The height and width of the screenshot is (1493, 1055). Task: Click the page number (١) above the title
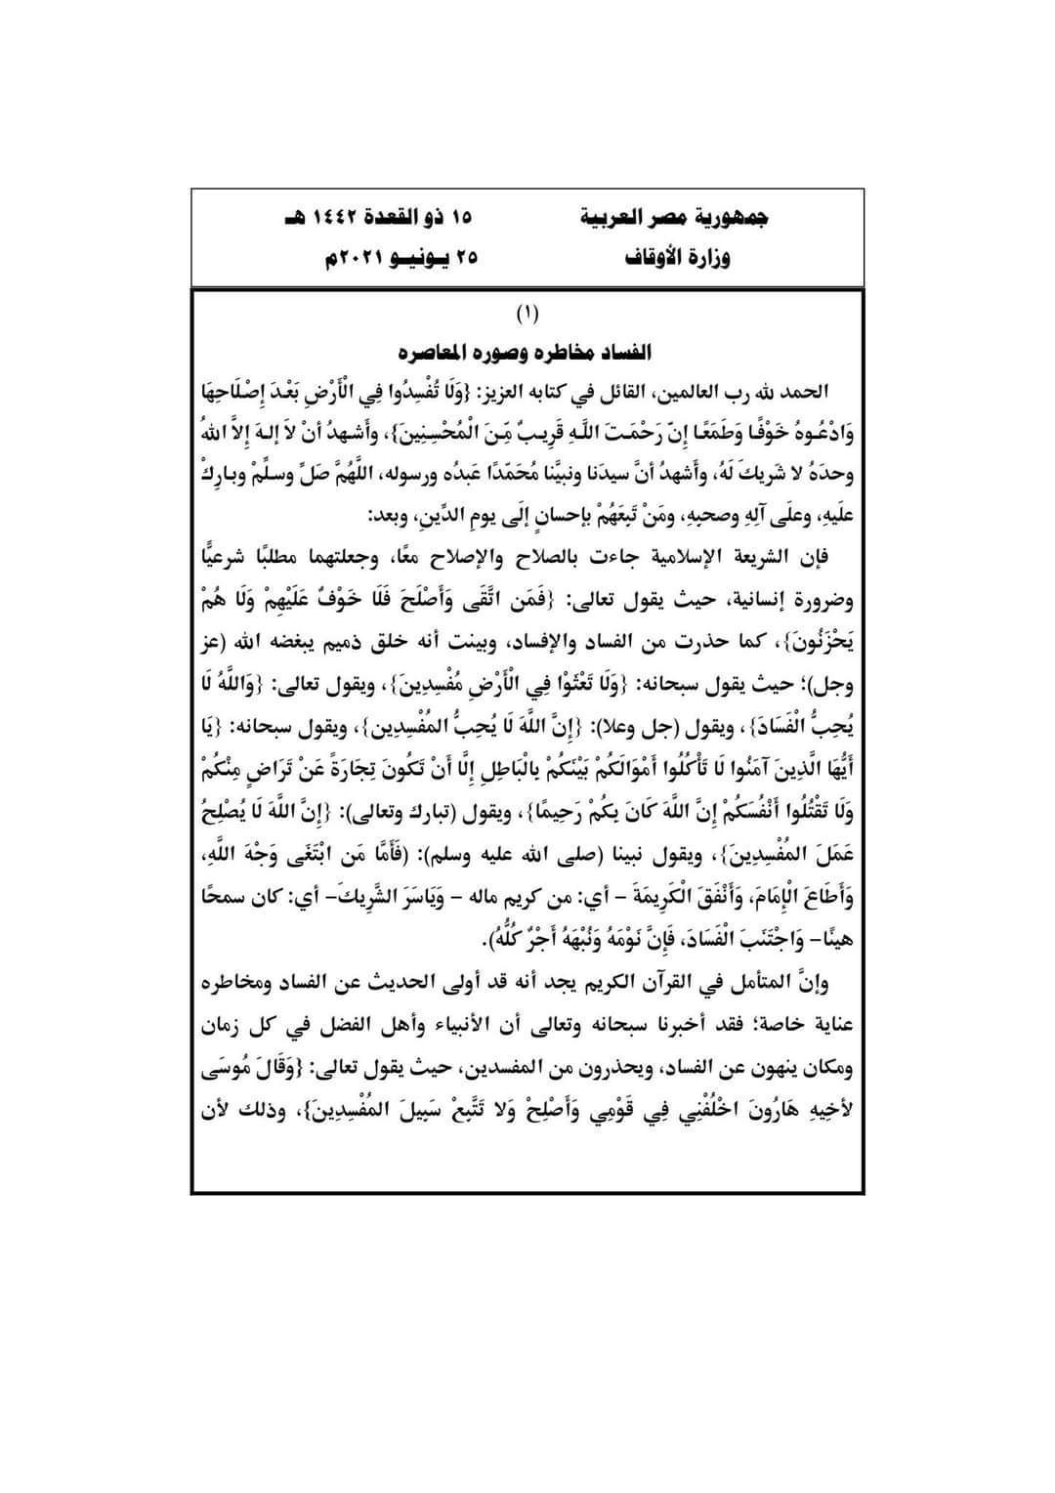point(527,315)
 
